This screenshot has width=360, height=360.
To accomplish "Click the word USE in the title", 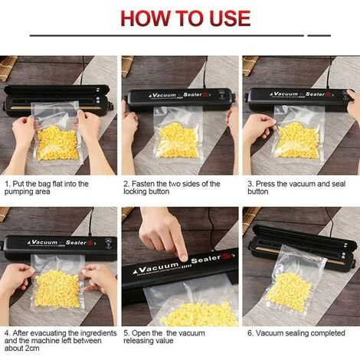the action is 230,18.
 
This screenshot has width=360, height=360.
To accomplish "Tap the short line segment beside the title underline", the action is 319,35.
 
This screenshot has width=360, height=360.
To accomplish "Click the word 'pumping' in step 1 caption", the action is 18,191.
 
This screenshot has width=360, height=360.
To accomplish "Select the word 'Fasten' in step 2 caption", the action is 142,184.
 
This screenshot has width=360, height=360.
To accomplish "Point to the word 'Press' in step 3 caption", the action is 265,184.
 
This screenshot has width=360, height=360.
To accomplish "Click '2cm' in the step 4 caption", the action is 32,348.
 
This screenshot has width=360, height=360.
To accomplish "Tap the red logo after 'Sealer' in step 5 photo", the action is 226,255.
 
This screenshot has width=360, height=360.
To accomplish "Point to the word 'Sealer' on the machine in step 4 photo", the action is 76,242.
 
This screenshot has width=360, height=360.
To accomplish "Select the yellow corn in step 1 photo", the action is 57,143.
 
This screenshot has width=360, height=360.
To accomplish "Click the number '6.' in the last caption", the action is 250,333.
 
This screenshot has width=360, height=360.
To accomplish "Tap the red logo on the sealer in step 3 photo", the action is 329,94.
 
